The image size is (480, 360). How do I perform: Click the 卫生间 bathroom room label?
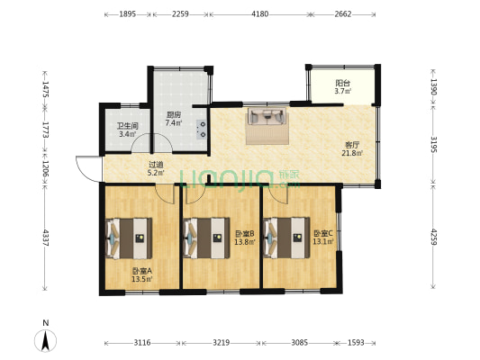pyautogui.click(x=127, y=126)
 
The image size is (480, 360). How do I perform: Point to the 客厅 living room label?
pyautogui.click(x=352, y=144)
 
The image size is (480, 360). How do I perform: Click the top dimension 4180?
pyautogui.click(x=259, y=14)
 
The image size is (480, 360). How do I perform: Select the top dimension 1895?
pyautogui.click(x=127, y=14)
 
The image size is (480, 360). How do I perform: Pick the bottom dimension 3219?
pyautogui.click(x=221, y=343)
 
